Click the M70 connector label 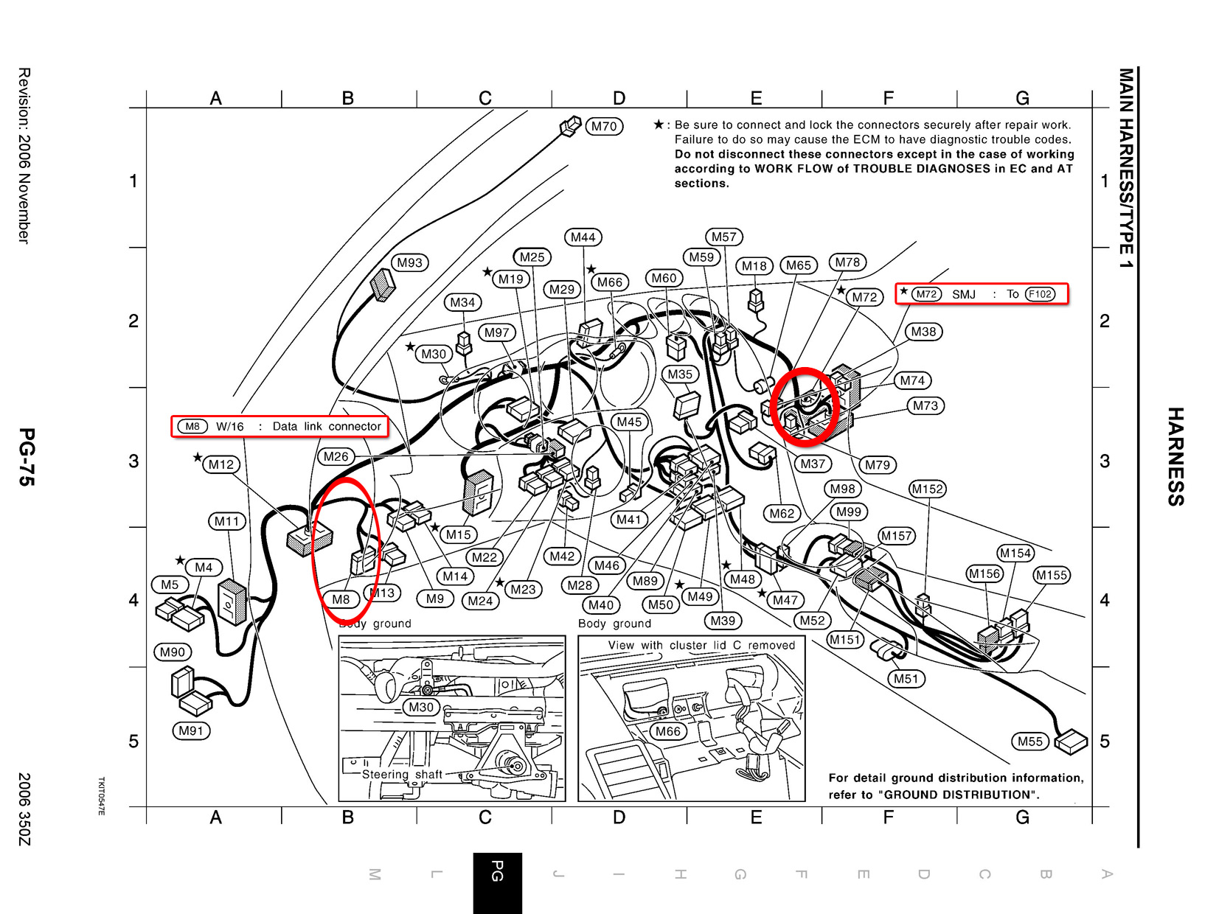click(604, 127)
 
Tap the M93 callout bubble click(409, 262)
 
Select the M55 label click(1029, 742)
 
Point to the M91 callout click(191, 730)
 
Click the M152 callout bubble click(928, 489)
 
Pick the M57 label click(723, 237)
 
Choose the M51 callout click(906, 679)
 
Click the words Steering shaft click(402, 774)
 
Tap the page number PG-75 click(27, 457)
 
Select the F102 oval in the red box click(1040, 294)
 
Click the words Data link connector click(327, 426)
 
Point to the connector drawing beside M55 click(1070, 742)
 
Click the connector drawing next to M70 click(570, 127)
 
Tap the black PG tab click(497, 883)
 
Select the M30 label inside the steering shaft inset click(421, 707)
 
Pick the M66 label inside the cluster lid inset click(667, 731)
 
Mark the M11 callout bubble click(226, 521)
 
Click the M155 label click(1052, 575)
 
